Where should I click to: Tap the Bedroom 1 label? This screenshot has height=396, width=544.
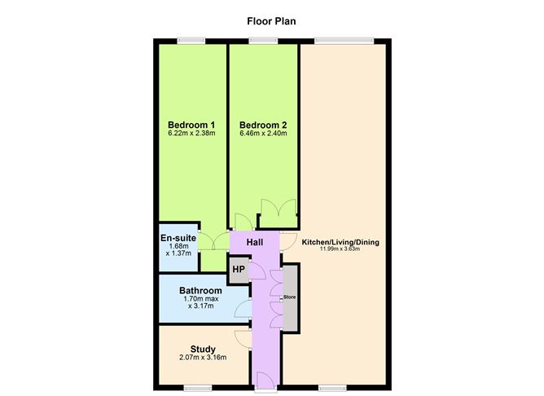click(186, 125)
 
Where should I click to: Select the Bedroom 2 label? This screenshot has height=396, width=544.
click(263, 125)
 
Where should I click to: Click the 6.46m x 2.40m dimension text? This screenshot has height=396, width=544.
click(263, 134)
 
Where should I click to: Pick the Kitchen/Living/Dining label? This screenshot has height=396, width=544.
click(340, 242)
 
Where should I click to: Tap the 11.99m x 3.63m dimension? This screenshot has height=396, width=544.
click(340, 249)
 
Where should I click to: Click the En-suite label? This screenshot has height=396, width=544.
click(178, 238)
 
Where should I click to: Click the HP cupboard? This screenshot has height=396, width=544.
click(239, 270)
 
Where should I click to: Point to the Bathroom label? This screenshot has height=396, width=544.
click(200, 290)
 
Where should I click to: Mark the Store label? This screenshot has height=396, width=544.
click(289, 297)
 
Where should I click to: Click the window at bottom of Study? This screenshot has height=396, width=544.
click(200, 385)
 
